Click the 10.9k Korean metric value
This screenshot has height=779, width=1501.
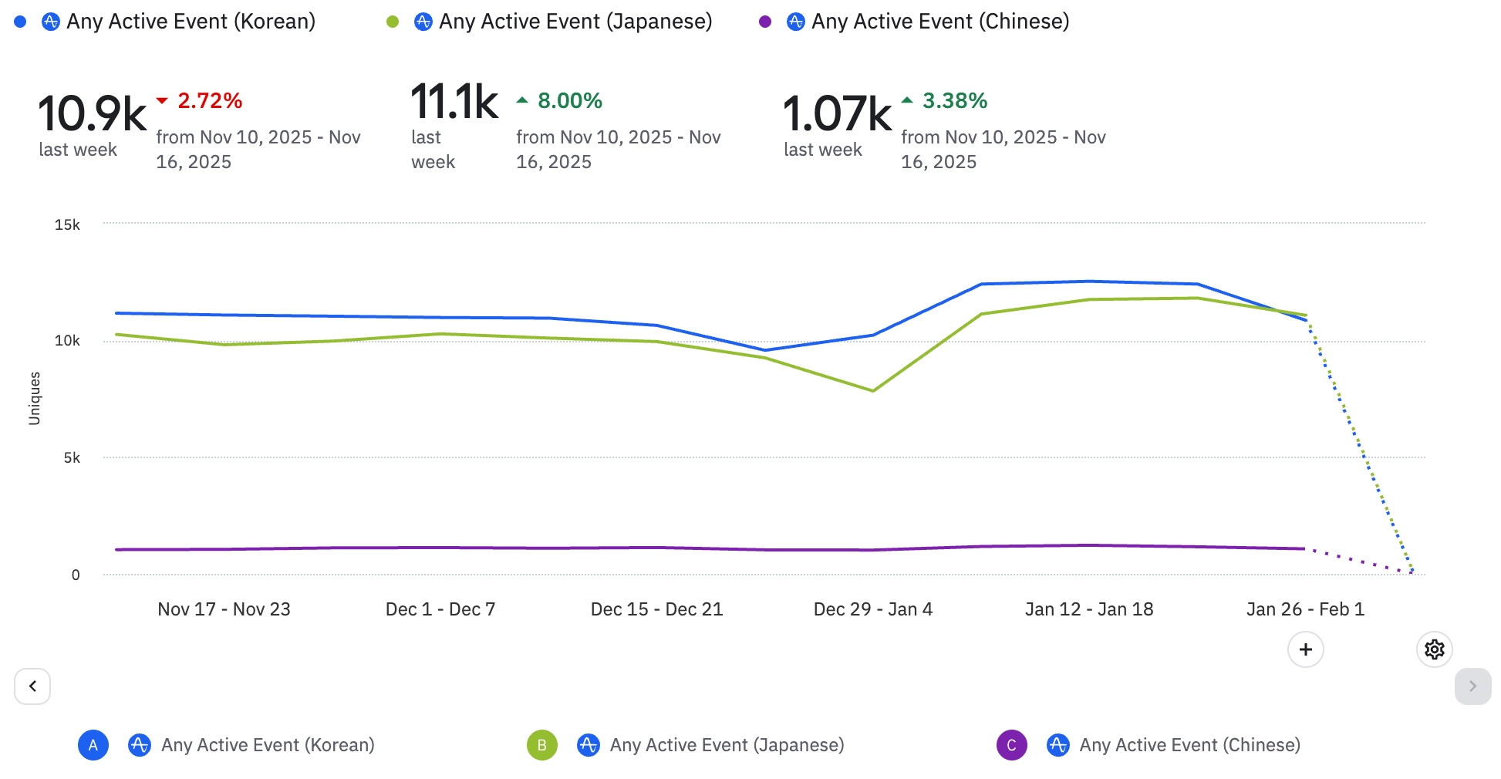(x=92, y=114)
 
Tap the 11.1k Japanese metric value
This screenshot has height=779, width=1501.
(x=454, y=102)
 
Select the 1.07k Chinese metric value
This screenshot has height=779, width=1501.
(x=837, y=114)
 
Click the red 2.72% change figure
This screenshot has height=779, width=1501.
(x=210, y=101)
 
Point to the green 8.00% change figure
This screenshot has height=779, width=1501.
(x=569, y=101)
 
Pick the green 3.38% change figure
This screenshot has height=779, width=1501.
(x=955, y=101)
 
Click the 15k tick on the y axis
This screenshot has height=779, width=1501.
(x=67, y=225)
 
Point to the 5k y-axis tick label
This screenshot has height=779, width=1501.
(x=72, y=458)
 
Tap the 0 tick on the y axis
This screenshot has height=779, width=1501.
(x=76, y=575)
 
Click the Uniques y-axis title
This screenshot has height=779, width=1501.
(x=35, y=398)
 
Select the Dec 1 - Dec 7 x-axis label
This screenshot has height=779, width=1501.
(x=440, y=609)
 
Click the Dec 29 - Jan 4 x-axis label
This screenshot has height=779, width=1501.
(x=873, y=609)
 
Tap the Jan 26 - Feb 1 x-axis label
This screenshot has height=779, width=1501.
(x=1305, y=609)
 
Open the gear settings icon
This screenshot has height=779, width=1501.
(x=1435, y=649)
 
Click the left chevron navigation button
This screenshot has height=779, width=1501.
(x=32, y=686)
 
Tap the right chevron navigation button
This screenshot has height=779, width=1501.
(x=1472, y=686)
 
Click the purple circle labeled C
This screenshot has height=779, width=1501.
(x=1011, y=745)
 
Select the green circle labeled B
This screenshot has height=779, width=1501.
(x=542, y=745)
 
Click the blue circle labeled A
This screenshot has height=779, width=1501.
(x=93, y=745)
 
